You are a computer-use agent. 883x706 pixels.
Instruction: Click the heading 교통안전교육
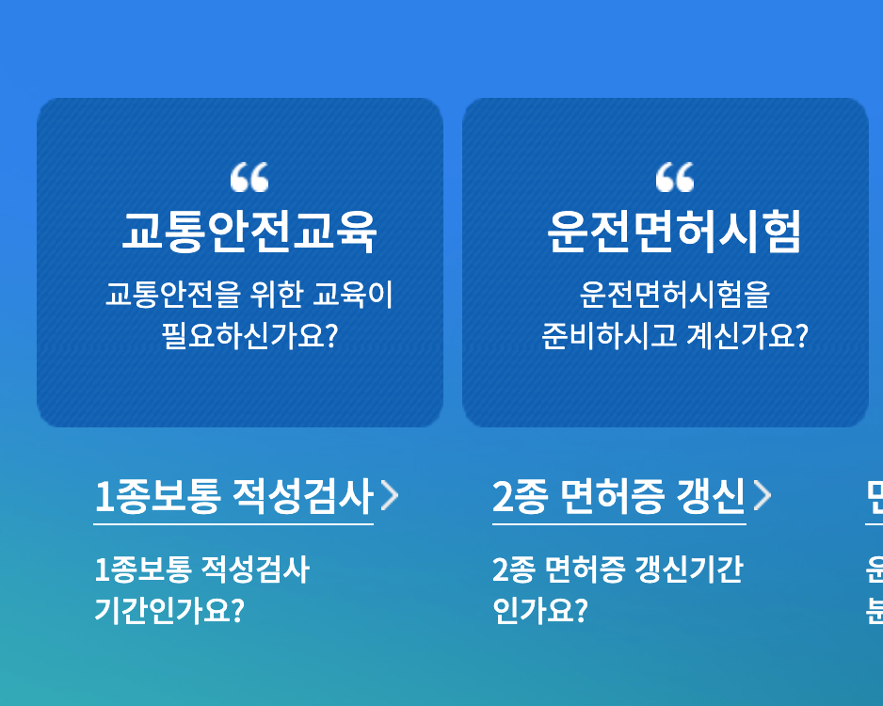tap(249, 230)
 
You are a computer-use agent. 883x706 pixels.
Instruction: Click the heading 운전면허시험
tap(674, 230)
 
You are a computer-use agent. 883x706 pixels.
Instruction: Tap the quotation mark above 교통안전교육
tap(249, 177)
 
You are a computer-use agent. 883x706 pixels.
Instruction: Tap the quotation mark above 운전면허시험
tap(674, 177)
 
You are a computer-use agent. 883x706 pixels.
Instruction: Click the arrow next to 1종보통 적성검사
tap(390, 496)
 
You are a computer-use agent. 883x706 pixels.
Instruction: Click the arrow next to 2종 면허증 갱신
tap(763, 496)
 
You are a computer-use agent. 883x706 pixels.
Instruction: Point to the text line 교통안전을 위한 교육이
tap(249, 295)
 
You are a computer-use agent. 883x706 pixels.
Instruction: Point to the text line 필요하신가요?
tap(249, 336)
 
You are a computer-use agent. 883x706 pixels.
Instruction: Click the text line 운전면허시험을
tap(674, 295)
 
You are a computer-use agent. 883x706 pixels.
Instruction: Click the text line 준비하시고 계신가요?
tap(674, 336)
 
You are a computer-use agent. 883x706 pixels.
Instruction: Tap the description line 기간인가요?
tap(169, 611)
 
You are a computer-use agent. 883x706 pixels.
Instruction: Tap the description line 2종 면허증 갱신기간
tap(617, 570)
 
